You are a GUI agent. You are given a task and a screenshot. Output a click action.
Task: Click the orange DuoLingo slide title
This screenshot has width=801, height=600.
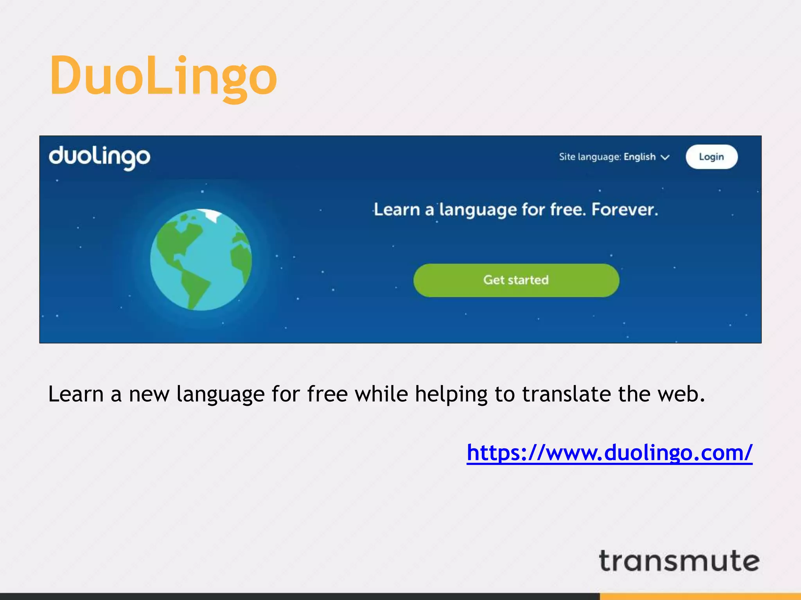pyautogui.click(x=163, y=76)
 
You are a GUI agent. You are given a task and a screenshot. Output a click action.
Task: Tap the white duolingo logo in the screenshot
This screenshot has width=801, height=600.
pyautogui.click(x=99, y=157)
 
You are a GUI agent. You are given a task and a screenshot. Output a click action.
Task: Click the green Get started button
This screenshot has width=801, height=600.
pyautogui.click(x=516, y=280)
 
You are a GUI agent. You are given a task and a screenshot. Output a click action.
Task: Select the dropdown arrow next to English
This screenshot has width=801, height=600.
pyautogui.click(x=665, y=157)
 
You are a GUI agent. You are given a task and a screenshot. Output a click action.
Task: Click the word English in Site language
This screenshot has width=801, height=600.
pyautogui.click(x=639, y=157)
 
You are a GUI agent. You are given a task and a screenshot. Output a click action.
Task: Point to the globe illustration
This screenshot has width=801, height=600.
pyautogui.click(x=201, y=260)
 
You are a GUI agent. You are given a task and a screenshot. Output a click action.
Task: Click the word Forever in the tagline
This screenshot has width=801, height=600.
pyautogui.click(x=625, y=210)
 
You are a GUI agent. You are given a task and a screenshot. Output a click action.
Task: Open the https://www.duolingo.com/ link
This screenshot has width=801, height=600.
pyautogui.click(x=609, y=453)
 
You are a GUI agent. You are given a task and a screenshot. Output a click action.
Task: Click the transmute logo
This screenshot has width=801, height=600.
pyautogui.click(x=679, y=561)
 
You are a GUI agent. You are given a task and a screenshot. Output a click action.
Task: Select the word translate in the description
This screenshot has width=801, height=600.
pyautogui.click(x=566, y=394)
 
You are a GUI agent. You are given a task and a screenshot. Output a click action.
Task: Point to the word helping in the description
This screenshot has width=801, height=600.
pyautogui.click(x=451, y=395)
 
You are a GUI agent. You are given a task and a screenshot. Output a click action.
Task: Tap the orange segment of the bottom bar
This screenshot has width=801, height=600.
pyautogui.click(x=700, y=596)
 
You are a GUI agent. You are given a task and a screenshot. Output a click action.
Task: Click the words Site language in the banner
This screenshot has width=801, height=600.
pyautogui.click(x=590, y=157)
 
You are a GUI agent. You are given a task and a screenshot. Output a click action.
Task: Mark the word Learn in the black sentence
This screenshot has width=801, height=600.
pyautogui.click(x=75, y=394)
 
